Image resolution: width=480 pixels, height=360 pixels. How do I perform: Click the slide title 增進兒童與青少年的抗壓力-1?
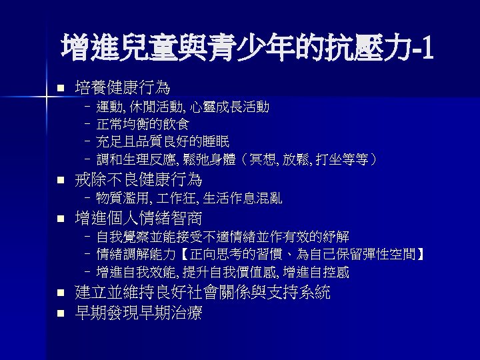247,47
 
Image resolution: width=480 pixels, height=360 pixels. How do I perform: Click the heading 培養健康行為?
122,88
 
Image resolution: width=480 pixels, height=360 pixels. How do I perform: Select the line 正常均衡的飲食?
143,124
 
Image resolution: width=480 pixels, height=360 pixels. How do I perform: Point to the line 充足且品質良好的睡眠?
163,141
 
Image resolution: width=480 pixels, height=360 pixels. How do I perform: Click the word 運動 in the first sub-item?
109,107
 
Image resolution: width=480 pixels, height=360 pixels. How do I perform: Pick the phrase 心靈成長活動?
230,107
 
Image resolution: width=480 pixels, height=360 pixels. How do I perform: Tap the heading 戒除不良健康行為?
138,180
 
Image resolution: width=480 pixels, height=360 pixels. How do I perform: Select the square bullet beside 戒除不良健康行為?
59,181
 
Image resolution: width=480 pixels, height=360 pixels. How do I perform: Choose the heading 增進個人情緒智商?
138,218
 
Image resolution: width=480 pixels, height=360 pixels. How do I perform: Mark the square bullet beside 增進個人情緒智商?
59,219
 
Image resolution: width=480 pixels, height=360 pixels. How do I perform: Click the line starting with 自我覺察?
223,237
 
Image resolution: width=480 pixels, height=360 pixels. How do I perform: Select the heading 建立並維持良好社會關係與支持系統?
202,293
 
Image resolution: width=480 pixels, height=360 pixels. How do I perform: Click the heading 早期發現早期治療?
138,313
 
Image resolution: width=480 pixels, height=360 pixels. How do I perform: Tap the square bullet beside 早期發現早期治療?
59,313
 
